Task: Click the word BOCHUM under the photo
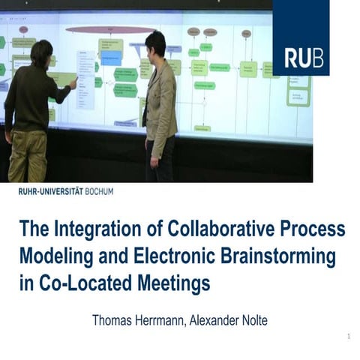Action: tap(97, 192)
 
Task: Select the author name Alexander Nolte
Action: tap(226, 320)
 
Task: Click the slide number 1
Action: tap(349, 337)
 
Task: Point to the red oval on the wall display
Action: tap(110, 30)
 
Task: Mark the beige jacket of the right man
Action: tap(160, 101)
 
